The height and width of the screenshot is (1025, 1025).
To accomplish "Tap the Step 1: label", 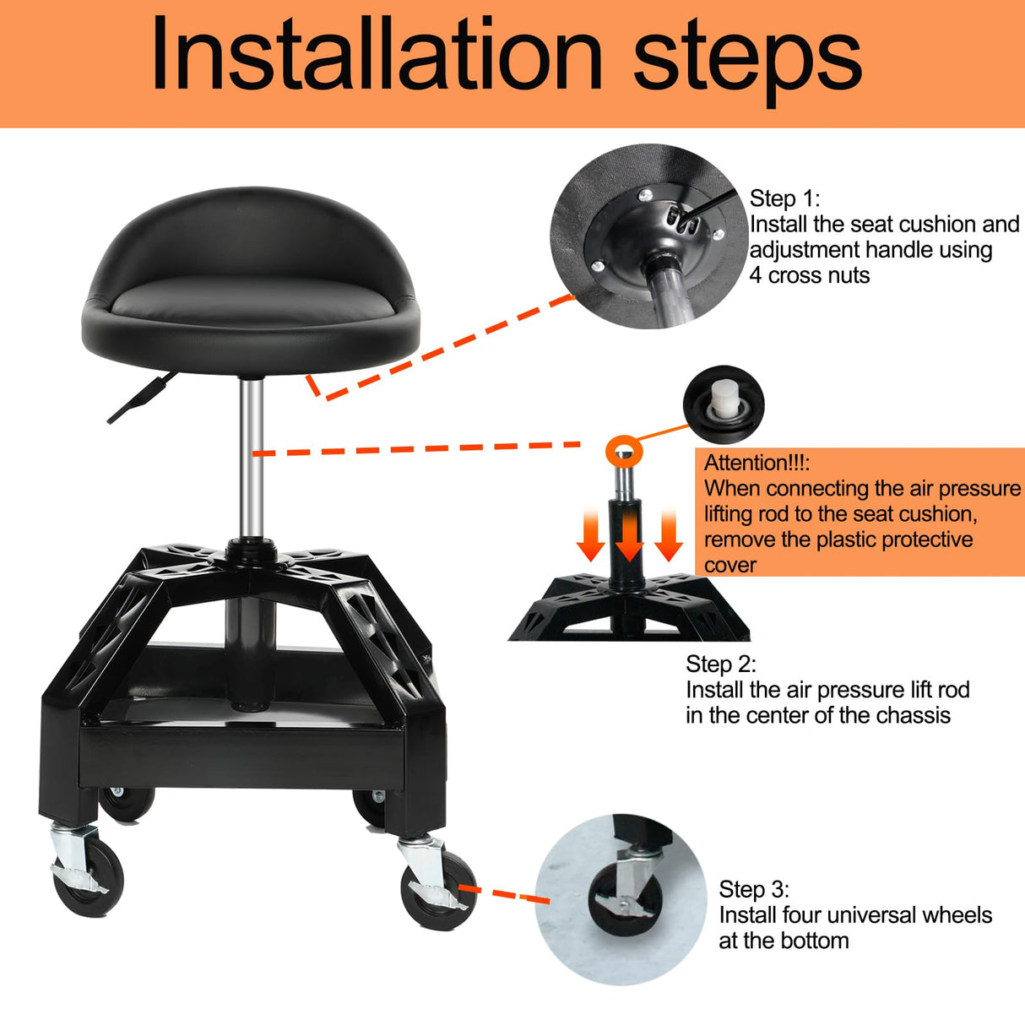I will tap(784, 198).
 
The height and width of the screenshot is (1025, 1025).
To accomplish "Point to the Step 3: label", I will tap(754, 889).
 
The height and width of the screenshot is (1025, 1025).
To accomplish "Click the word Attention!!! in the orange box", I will tap(757, 463).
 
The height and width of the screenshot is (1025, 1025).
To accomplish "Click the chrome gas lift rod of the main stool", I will tap(250, 456).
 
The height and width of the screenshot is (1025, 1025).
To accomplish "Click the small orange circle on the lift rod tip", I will tap(624, 450).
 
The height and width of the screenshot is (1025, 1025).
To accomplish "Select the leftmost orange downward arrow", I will tap(591, 536).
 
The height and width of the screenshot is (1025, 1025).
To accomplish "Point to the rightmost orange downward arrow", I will tap(668, 536).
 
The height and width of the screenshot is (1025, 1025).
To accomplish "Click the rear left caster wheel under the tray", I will tap(127, 802).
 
